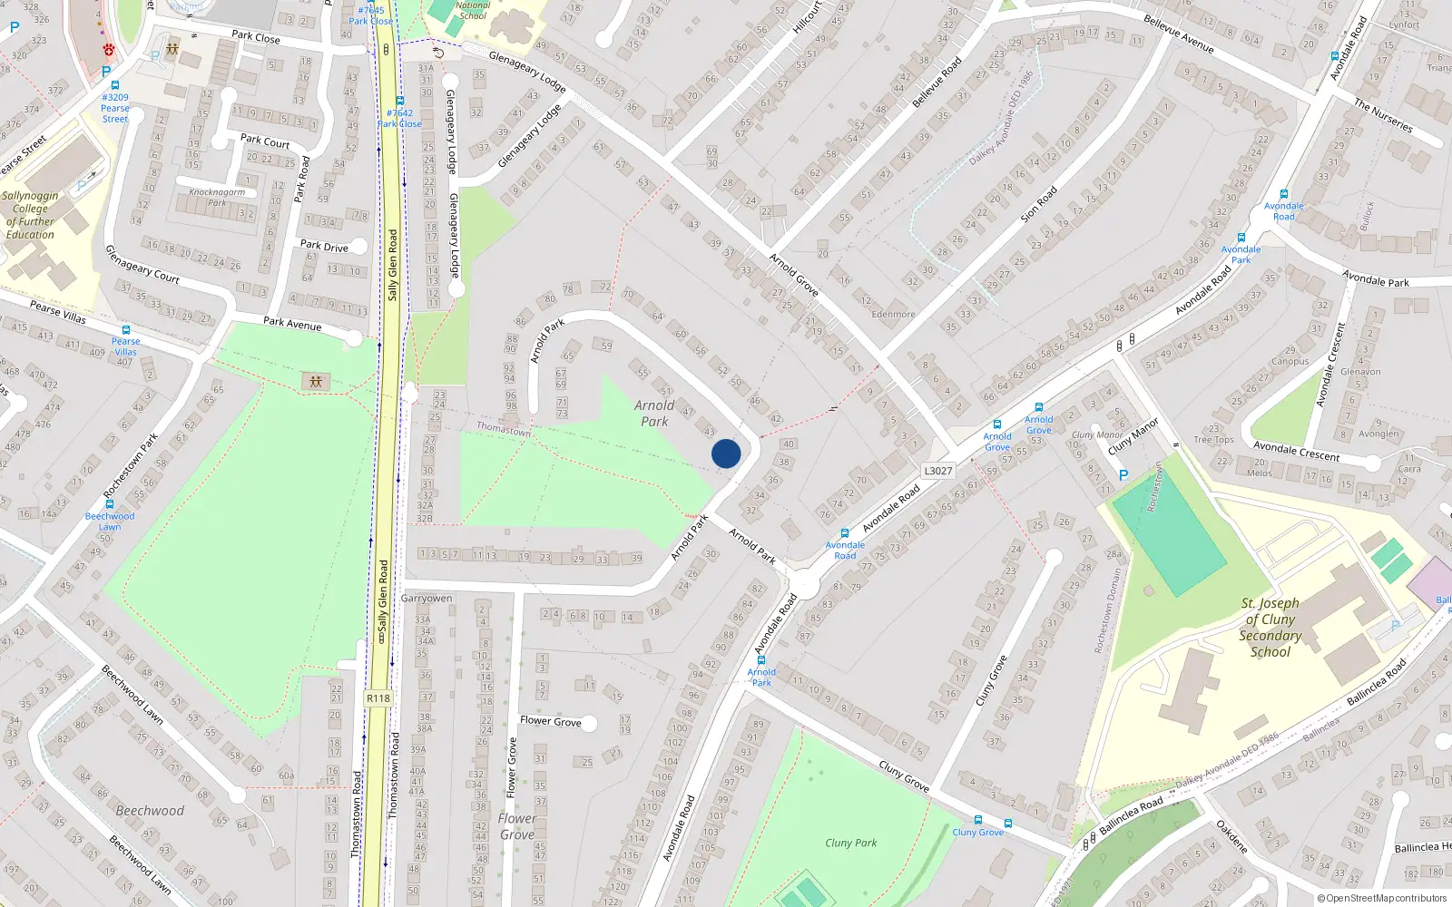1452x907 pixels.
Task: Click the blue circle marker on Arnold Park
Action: point(726,453)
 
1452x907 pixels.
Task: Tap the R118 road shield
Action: point(378,698)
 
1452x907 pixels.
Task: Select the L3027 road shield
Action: point(938,471)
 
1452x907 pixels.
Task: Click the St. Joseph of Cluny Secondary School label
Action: point(1270,627)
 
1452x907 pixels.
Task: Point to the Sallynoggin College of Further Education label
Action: point(30,215)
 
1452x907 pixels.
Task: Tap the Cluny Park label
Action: point(851,843)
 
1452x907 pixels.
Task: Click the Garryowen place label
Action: point(427,599)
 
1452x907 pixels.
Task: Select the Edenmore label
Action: point(893,315)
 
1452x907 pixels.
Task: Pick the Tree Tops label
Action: point(1213,440)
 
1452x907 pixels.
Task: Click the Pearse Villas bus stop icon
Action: point(126,330)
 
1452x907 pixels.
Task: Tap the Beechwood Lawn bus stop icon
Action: point(110,505)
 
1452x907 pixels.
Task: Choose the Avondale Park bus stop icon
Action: point(1241,238)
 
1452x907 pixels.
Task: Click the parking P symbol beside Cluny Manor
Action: point(1123,475)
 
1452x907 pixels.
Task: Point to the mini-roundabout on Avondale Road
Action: point(803,582)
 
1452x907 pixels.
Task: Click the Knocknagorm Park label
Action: point(217,197)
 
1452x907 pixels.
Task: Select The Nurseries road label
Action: point(1383,116)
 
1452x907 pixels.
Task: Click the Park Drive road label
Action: point(324,246)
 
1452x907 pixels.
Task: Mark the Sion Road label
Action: point(1039,205)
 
